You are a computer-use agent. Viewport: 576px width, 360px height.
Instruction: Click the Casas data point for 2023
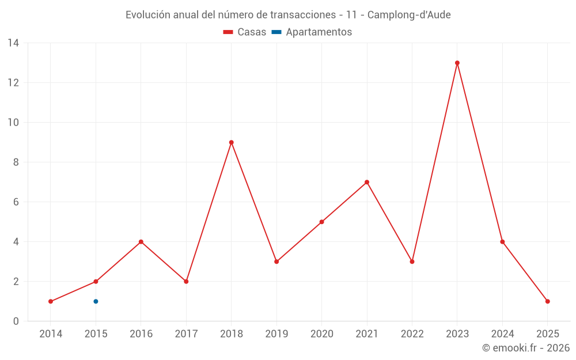pos(457,63)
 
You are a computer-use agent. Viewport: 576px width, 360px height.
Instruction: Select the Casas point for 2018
pos(231,142)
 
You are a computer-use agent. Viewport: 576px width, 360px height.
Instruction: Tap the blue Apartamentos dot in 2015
pos(96,301)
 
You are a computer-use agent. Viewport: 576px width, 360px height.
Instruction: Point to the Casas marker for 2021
pos(367,182)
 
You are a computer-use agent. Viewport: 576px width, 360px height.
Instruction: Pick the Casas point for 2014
pos(51,301)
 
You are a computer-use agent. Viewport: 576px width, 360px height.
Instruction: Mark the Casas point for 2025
pos(548,301)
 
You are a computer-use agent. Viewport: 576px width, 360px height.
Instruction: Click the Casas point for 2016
pos(141,242)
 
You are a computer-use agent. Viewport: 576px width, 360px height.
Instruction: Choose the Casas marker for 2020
pos(321,222)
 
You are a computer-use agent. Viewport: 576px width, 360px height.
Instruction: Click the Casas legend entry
pos(245,32)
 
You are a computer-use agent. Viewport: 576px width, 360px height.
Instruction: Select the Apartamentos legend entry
pos(312,32)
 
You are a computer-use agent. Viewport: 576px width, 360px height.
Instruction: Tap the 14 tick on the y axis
pos(13,43)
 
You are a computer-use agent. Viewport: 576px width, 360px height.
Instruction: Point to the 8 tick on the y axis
pos(16,162)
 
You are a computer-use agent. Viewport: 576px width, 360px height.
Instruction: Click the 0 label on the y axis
pos(16,321)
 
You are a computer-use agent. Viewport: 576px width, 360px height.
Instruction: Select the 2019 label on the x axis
pos(276,334)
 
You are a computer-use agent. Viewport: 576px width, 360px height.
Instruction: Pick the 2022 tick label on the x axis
pos(412,334)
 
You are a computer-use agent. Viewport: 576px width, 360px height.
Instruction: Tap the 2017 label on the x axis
pos(186,334)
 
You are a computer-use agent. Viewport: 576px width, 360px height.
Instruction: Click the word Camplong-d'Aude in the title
pos(409,15)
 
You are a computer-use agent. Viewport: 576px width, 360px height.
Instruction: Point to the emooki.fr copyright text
pos(526,348)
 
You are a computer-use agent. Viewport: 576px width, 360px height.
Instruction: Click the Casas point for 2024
pos(502,242)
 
